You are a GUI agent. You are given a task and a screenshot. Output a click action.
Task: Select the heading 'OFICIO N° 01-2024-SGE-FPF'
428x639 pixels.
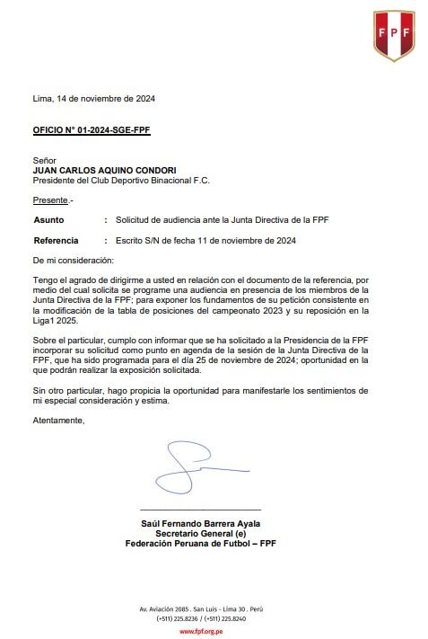point(92,130)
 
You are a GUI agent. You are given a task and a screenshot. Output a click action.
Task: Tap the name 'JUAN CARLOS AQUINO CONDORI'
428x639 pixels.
point(103,170)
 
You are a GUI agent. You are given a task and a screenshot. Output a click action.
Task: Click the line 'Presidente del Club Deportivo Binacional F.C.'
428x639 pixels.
point(121,180)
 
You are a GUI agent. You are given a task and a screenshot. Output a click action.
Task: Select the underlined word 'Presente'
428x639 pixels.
point(50,200)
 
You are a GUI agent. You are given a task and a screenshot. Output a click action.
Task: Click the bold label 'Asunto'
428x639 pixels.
point(48,219)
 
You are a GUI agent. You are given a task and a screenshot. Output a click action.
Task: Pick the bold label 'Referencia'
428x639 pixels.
point(56,240)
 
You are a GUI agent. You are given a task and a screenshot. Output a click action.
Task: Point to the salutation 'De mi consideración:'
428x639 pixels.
point(74,260)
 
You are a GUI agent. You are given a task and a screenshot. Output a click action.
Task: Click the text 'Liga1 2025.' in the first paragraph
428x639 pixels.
point(56,321)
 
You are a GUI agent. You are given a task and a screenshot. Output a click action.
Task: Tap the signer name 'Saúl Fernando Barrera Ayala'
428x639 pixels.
point(201,523)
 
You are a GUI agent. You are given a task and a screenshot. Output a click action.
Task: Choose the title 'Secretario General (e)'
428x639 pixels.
point(201,533)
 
